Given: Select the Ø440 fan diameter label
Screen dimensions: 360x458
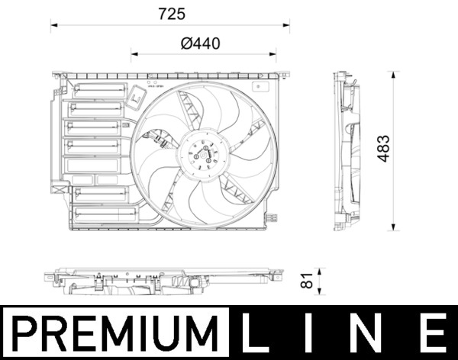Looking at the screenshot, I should (201, 43).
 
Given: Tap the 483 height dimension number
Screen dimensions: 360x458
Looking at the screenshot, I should (384, 151).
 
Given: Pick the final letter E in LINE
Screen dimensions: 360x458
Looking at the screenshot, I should (432, 333).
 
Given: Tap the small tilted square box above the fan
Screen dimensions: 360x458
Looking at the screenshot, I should (138, 98).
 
